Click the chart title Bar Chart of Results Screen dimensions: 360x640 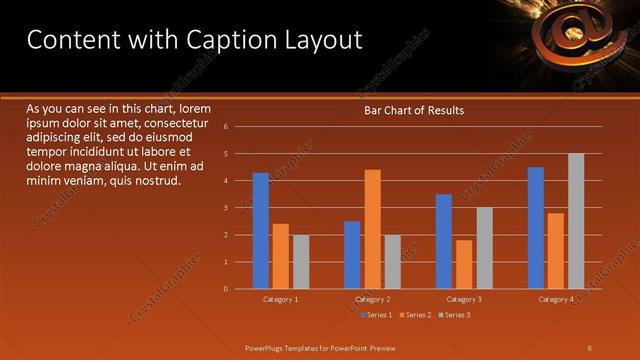pos(413,110)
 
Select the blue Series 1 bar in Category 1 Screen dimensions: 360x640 pos(261,231)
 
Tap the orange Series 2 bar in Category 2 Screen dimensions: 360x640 pos(372,229)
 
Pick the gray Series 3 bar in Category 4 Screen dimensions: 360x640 pos(576,221)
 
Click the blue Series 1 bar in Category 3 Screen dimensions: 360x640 pos(444,241)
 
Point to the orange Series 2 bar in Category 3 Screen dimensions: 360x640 pos(464,264)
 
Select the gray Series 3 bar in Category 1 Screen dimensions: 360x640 pos(301,262)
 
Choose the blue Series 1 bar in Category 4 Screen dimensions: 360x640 pos(536,228)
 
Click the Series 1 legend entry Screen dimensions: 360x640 pos(374,315)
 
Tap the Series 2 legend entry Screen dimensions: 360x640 pos(417,315)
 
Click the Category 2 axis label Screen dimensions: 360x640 pos(372,299)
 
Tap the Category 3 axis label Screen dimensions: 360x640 pos(464,299)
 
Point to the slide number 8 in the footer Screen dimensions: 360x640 pos(590,347)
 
